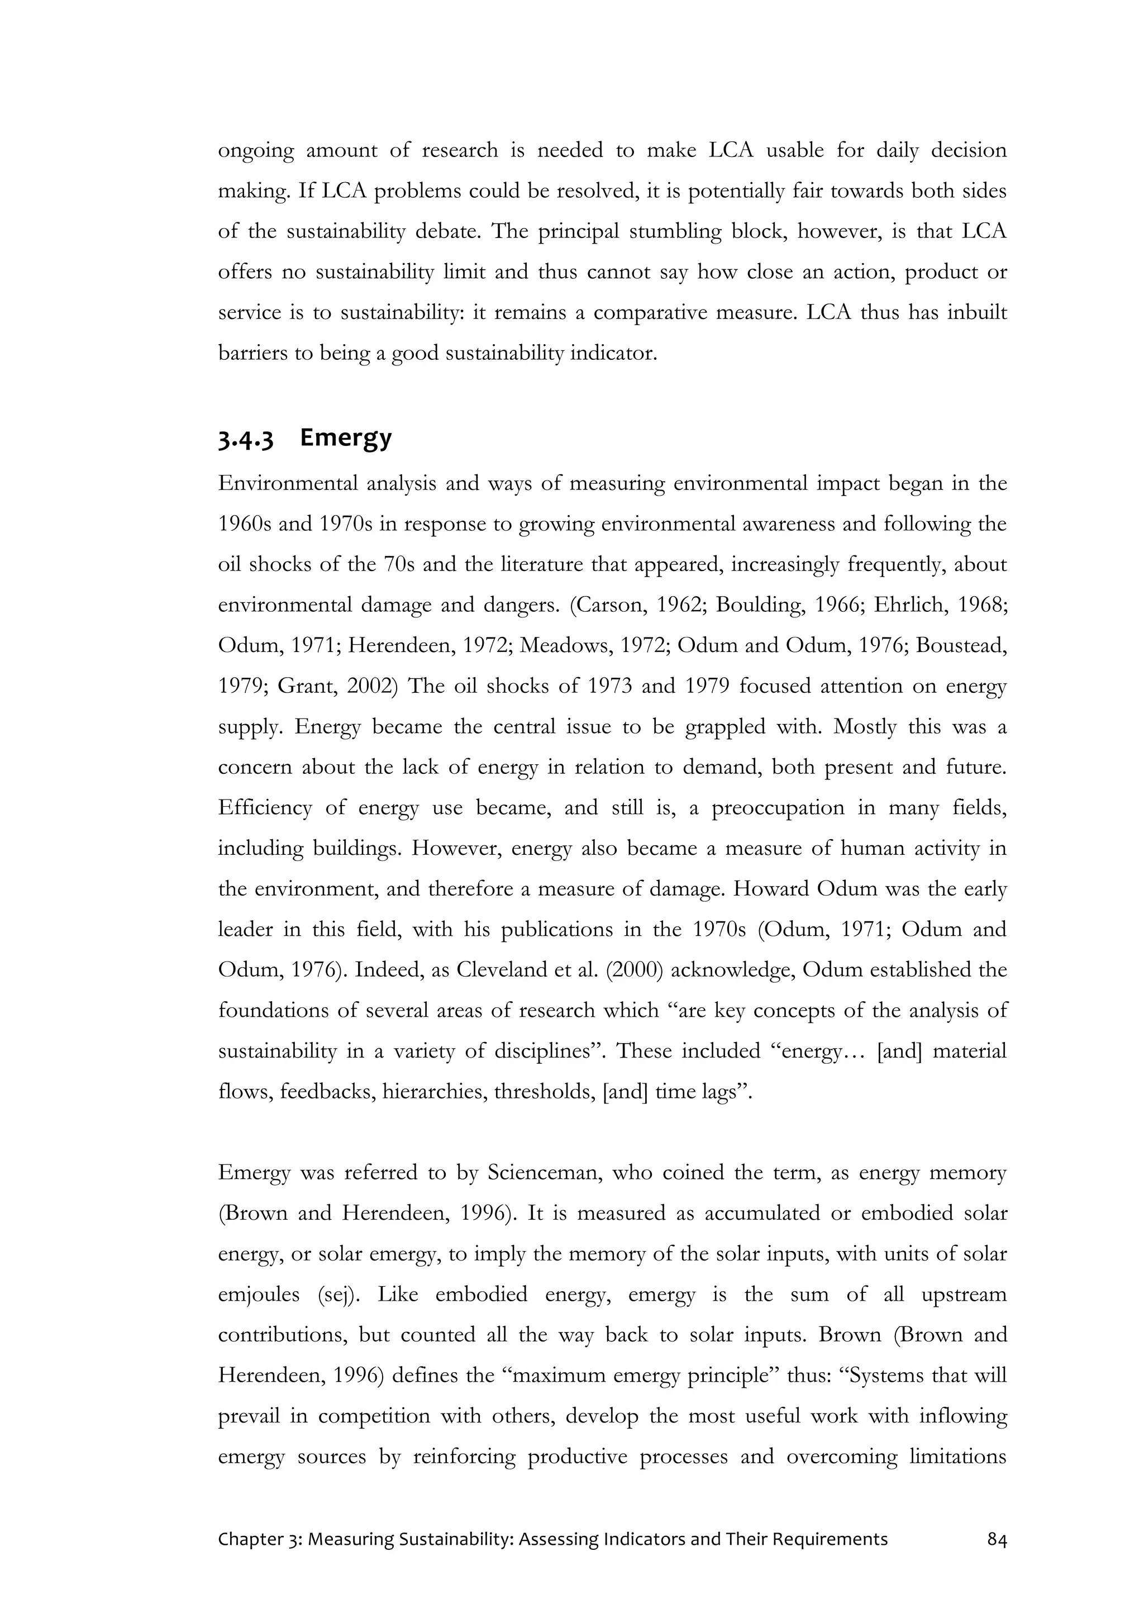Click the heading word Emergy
click(345, 437)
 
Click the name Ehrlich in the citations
click(910, 605)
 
